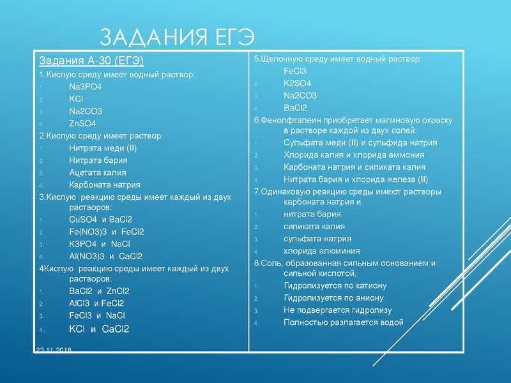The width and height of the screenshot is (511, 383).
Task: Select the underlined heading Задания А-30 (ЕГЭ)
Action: (91, 61)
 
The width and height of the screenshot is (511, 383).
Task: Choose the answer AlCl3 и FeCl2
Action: (96, 303)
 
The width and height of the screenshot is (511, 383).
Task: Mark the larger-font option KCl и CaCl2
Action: (99, 329)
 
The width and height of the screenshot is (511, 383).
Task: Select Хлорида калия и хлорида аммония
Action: (354, 154)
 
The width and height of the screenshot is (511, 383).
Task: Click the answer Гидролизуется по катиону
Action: (335, 286)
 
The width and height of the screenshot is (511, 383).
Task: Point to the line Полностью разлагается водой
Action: (343, 322)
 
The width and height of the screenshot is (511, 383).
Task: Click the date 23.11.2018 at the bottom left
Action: (54, 350)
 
